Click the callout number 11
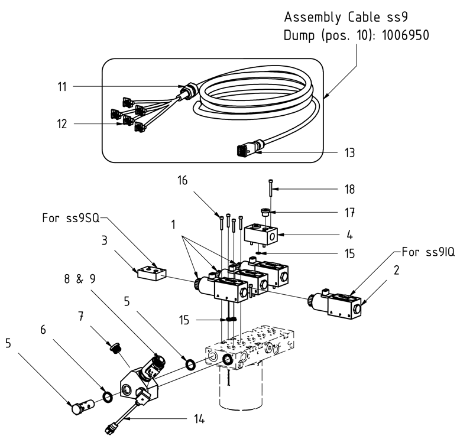62,87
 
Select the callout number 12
62,124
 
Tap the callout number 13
350,153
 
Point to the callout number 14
199,419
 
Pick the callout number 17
350,212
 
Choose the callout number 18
350,189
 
